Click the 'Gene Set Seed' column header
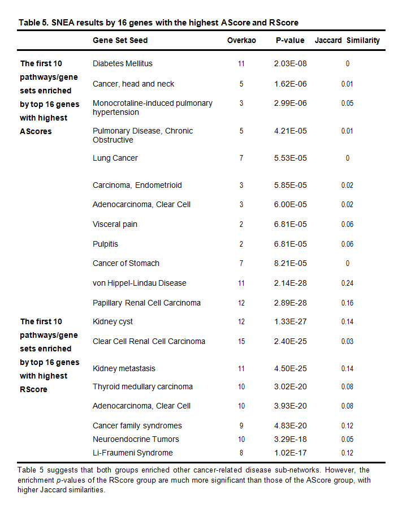[x=120, y=41]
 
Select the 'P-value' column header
[x=290, y=41]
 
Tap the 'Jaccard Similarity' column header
[x=347, y=41]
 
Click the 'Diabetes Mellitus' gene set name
[x=123, y=64]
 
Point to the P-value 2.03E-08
[x=290, y=64]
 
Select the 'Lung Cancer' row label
[x=115, y=158]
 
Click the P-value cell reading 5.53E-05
[x=290, y=158]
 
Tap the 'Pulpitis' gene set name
[x=105, y=244]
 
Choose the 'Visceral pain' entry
[x=115, y=225]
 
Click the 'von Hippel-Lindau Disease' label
[x=140, y=283]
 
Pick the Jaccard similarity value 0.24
[x=347, y=283]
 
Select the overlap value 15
[x=241, y=341]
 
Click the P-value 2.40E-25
[x=290, y=341]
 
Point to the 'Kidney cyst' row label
[x=112, y=322]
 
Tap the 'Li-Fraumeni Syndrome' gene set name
[x=133, y=453]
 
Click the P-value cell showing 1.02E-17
[x=290, y=453]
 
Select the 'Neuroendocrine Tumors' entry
[x=136, y=439]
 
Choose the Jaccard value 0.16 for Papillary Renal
[x=347, y=303]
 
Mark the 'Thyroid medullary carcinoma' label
[x=142, y=387]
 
